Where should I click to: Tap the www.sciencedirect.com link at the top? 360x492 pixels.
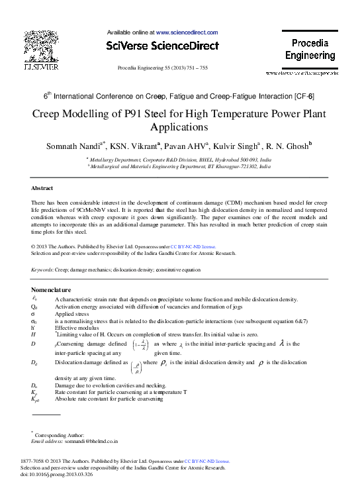[x=187, y=32]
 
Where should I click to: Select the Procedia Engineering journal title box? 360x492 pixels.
[x=310, y=50]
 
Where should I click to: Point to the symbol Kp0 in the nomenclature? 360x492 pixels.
[x=35, y=401]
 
